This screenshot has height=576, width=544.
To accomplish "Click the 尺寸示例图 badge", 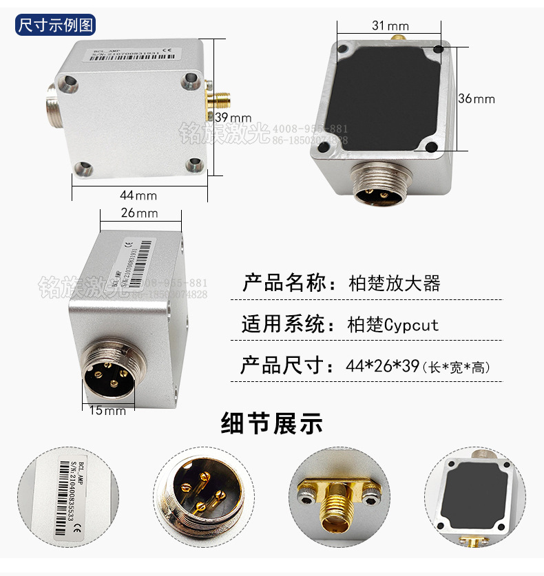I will pos(56,26).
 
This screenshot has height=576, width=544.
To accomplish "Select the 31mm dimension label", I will pos(390,25).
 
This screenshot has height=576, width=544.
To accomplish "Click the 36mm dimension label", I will pos(477,98).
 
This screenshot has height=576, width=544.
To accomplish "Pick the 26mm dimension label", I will pos(140,213).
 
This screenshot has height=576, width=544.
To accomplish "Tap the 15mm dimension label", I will pos(107,410).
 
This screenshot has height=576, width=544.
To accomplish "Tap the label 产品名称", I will pos(283,283).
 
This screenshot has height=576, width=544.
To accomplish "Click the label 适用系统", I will pos(283,324).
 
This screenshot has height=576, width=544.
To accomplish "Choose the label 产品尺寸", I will pos(283,365).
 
